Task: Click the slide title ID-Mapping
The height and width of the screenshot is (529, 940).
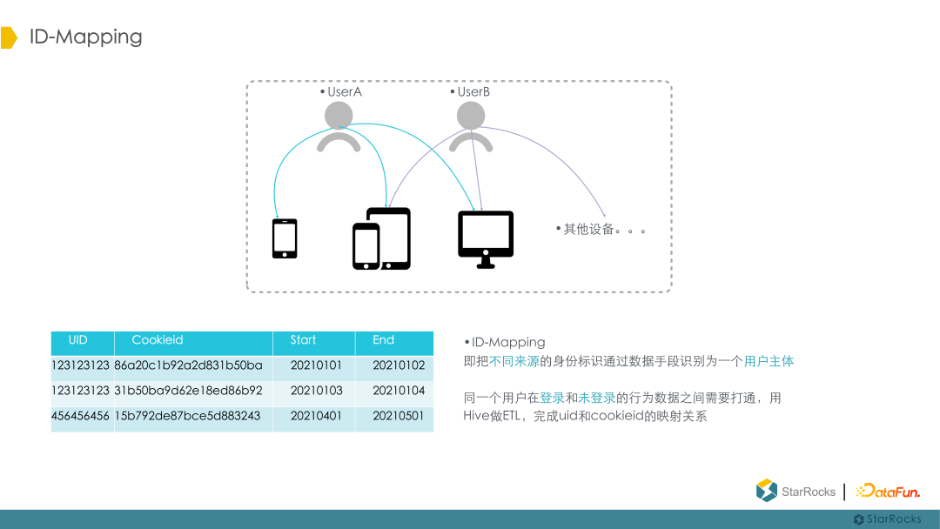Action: coord(85,37)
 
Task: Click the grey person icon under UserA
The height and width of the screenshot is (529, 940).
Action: coord(339,127)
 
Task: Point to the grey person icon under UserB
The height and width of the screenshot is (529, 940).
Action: coord(471,127)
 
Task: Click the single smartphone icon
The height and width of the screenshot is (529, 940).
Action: coord(285,238)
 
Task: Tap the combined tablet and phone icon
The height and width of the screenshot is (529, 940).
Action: coord(381,238)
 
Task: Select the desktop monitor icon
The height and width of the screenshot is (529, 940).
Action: coord(486,239)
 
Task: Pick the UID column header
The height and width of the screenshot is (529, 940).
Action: coord(78,340)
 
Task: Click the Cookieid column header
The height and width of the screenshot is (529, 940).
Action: coord(158,340)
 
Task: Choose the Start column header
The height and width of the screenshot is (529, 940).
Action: coord(303,340)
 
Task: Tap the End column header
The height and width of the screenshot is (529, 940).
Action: coord(384,340)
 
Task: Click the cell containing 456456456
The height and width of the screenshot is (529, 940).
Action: coord(81,416)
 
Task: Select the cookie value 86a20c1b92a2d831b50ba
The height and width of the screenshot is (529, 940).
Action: coord(188,365)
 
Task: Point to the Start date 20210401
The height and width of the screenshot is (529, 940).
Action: coord(316,416)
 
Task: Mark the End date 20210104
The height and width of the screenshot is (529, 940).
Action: coord(399,391)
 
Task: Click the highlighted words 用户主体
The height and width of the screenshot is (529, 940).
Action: coord(769,361)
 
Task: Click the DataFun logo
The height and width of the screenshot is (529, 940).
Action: coord(888,492)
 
